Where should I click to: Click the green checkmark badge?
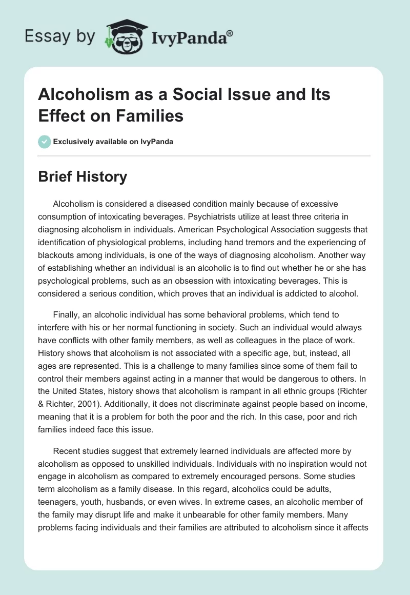(45, 142)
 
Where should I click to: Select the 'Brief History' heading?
(83, 177)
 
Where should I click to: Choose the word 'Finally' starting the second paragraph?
(66, 314)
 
